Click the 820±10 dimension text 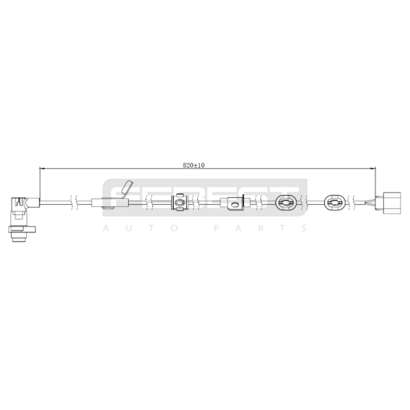pyautogui.click(x=194, y=165)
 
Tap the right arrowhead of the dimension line pyautogui.click(x=373, y=168)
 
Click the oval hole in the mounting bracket pyautogui.click(x=234, y=204)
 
